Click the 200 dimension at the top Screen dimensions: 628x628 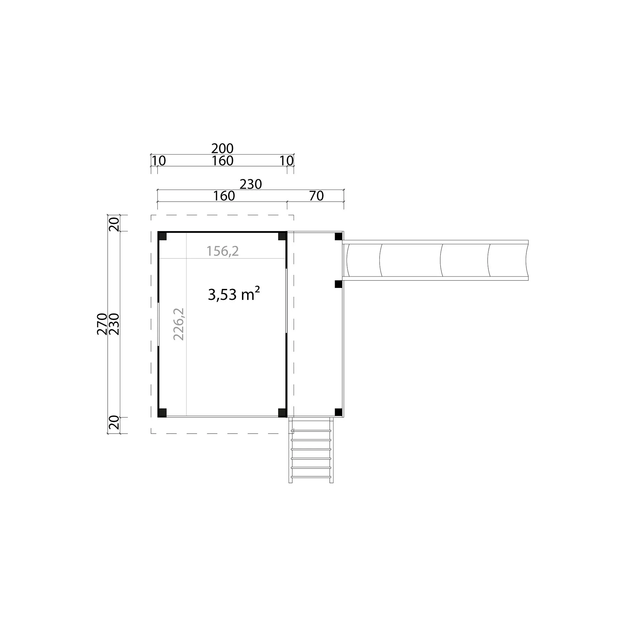[222, 149]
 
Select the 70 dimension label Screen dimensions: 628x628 [316, 196]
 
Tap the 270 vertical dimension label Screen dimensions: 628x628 [102, 324]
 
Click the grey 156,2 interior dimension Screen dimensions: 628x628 [223, 251]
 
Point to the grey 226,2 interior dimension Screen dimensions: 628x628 [179, 324]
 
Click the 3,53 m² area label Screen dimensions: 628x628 [234, 294]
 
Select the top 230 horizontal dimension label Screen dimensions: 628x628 [251, 184]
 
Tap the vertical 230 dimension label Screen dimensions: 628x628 [114, 324]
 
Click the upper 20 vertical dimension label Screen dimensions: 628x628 [114, 224]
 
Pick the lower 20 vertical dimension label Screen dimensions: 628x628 [114, 423]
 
